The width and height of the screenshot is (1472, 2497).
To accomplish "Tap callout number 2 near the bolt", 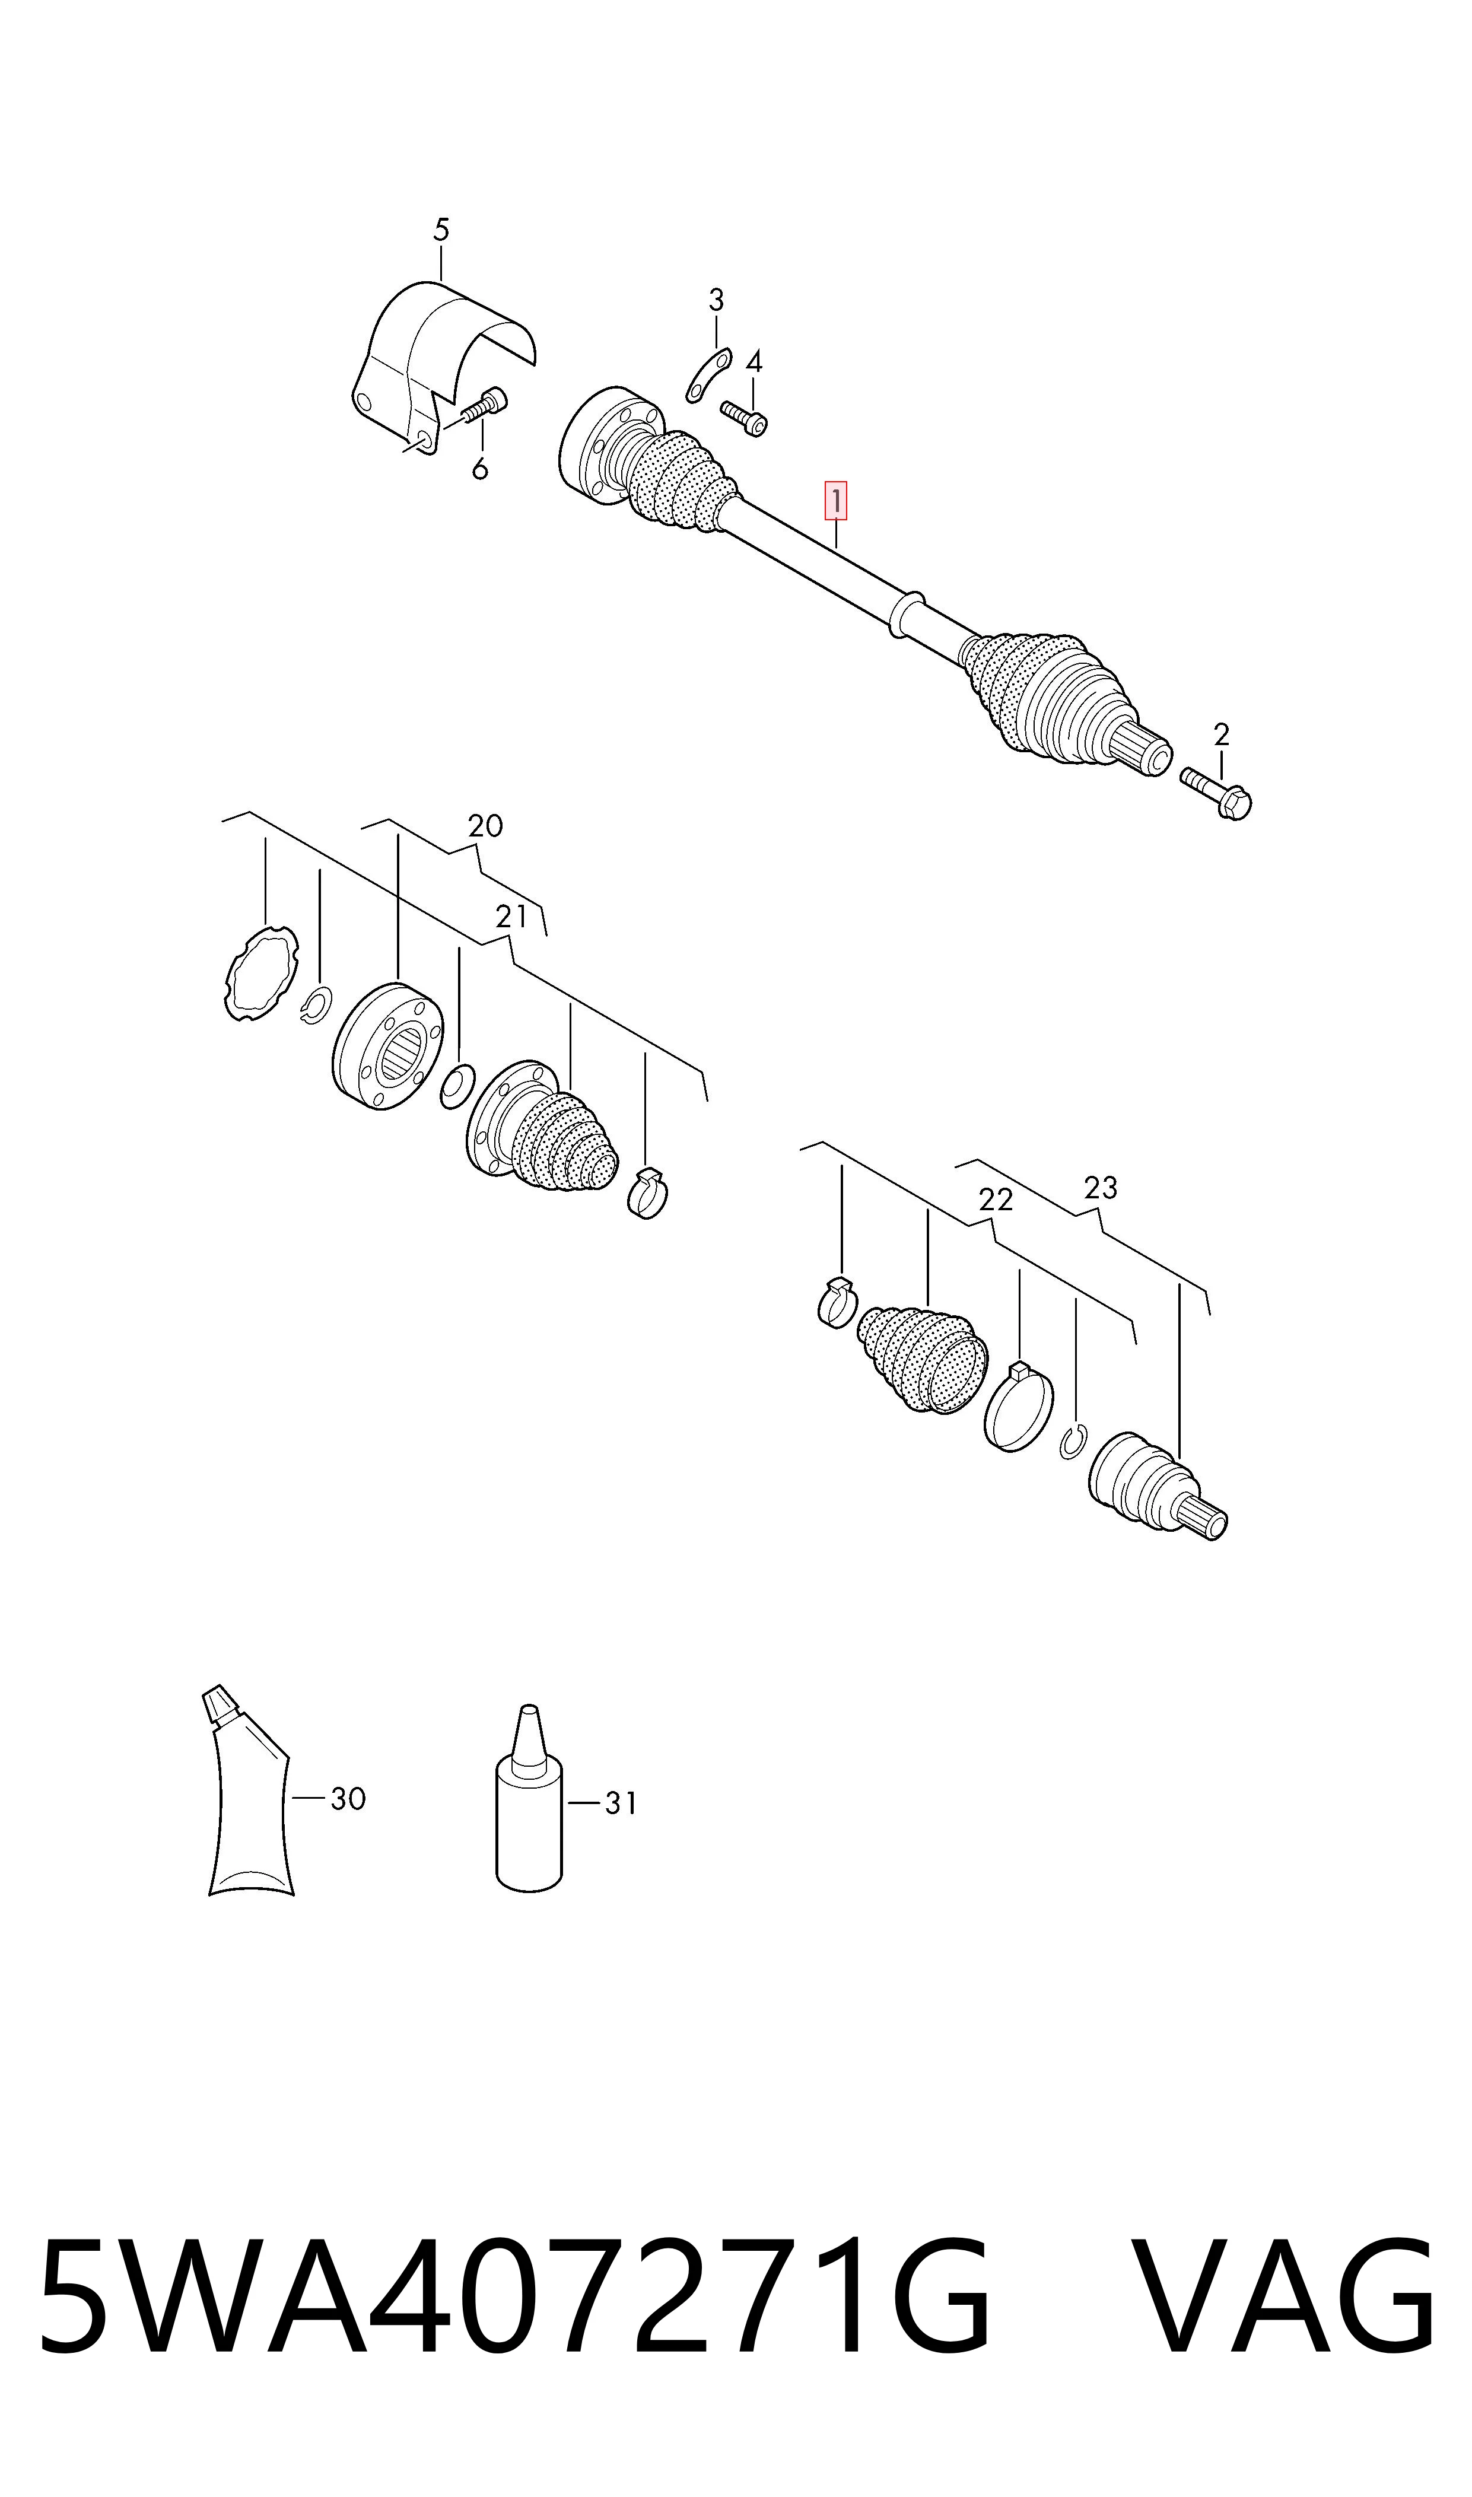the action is tap(1221, 735).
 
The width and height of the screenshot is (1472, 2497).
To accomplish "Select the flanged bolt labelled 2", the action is tap(1216, 793).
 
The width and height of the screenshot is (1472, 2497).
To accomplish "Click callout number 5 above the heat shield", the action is tap(441, 230).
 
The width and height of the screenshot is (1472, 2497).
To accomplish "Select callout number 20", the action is tap(485, 825).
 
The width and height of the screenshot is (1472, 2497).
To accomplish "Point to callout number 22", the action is tap(996, 1200).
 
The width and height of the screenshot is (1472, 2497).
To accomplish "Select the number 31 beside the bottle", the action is tap(621, 1804).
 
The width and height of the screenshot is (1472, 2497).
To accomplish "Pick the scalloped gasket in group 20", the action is tap(261, 973).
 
